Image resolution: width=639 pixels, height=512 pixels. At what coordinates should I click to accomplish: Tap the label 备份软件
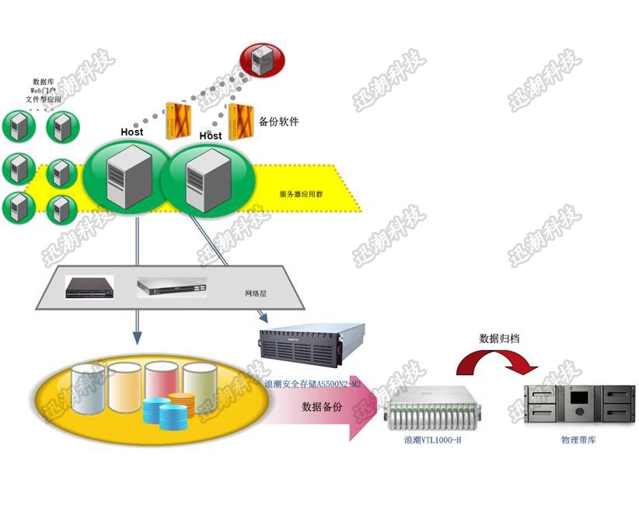(x=278, y=122)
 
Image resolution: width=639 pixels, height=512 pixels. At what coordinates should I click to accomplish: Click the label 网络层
(x=256, y=294)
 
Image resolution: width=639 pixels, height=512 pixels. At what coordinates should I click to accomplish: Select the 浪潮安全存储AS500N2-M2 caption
(x=313, y=384)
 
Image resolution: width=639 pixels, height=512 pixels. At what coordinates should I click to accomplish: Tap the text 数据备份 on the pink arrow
(x=322, y=407)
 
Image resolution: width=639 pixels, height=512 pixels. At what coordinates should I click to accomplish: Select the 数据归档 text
(x=500, y=339)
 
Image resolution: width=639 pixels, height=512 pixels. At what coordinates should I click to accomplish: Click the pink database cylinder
(x=161, y=384)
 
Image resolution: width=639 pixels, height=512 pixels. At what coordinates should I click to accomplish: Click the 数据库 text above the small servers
(x=43, y=82)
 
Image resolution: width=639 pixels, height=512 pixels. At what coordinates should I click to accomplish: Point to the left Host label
(x=131, y=132)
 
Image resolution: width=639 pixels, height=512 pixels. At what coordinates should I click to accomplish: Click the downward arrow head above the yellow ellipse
(x=137, y=338)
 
